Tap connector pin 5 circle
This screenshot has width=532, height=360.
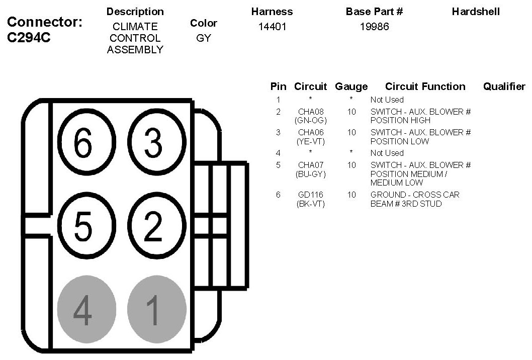(84, 227)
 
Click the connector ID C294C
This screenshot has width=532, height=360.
(29, 38)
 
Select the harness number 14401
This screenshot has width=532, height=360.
(272, 27)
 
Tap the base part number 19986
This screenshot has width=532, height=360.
(374, 27)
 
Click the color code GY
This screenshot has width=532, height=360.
(204, 38)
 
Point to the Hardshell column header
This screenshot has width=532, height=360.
(476, 12)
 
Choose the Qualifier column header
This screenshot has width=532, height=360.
(504, 86)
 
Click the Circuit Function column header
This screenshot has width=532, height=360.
(425, 86)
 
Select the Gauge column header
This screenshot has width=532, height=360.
(351, 86)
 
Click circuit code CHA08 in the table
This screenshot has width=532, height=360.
(311, 112)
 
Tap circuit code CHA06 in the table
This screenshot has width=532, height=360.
(311, 132)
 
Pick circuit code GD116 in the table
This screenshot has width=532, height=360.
(311, 195)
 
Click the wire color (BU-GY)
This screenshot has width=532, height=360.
(311, 174)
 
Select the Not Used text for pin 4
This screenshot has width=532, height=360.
(387, 153)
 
